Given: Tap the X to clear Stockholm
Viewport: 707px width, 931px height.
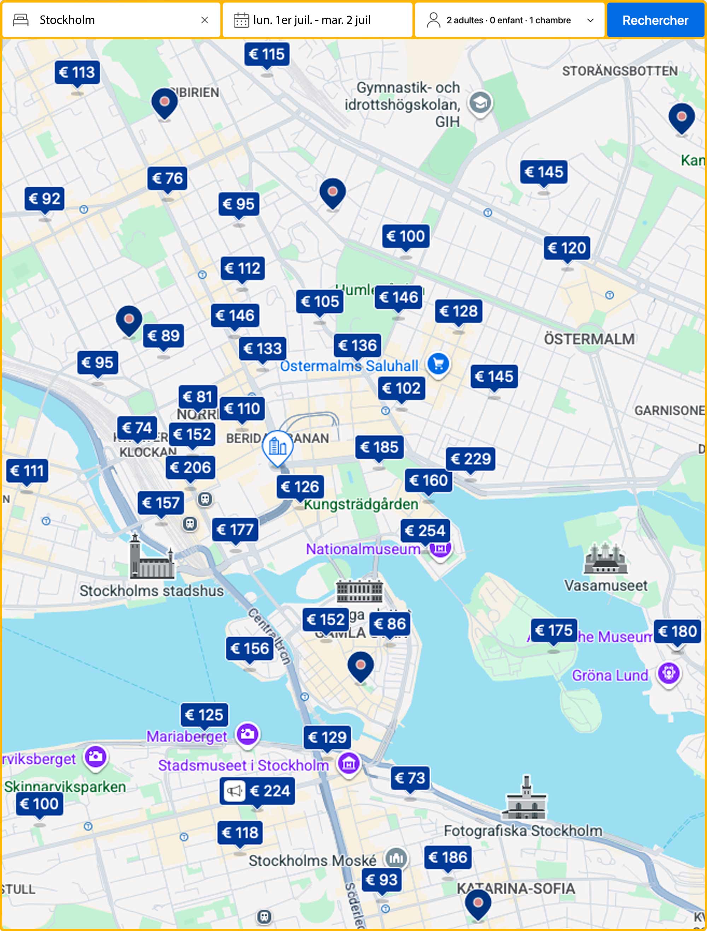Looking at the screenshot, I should pos(205,20).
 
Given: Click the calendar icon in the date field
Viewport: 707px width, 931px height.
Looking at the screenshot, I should pos(241,20).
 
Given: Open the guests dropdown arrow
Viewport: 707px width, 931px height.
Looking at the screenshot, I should pos(590,20).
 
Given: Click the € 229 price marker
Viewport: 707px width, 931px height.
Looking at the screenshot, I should pos(471,458).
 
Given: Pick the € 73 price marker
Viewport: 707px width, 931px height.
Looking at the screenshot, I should pos(410,778).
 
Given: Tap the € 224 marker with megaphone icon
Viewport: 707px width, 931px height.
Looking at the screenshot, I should pos(257,791).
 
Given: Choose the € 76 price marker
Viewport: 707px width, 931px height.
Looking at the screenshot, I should pos(167,178).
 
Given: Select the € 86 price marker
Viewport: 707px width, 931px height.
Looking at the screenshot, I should pos(390,624).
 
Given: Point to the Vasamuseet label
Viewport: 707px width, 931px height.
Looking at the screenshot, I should pos(605,585).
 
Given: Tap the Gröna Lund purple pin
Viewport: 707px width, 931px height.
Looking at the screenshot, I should pos(668,672).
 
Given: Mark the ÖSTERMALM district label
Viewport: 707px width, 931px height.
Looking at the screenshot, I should pos(589,339).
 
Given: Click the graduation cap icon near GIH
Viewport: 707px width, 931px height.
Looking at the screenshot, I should pos(480,103).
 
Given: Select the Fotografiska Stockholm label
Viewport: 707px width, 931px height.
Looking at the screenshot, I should pos(523,831).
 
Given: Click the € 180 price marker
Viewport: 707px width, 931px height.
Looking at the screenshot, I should pos(677,631).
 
